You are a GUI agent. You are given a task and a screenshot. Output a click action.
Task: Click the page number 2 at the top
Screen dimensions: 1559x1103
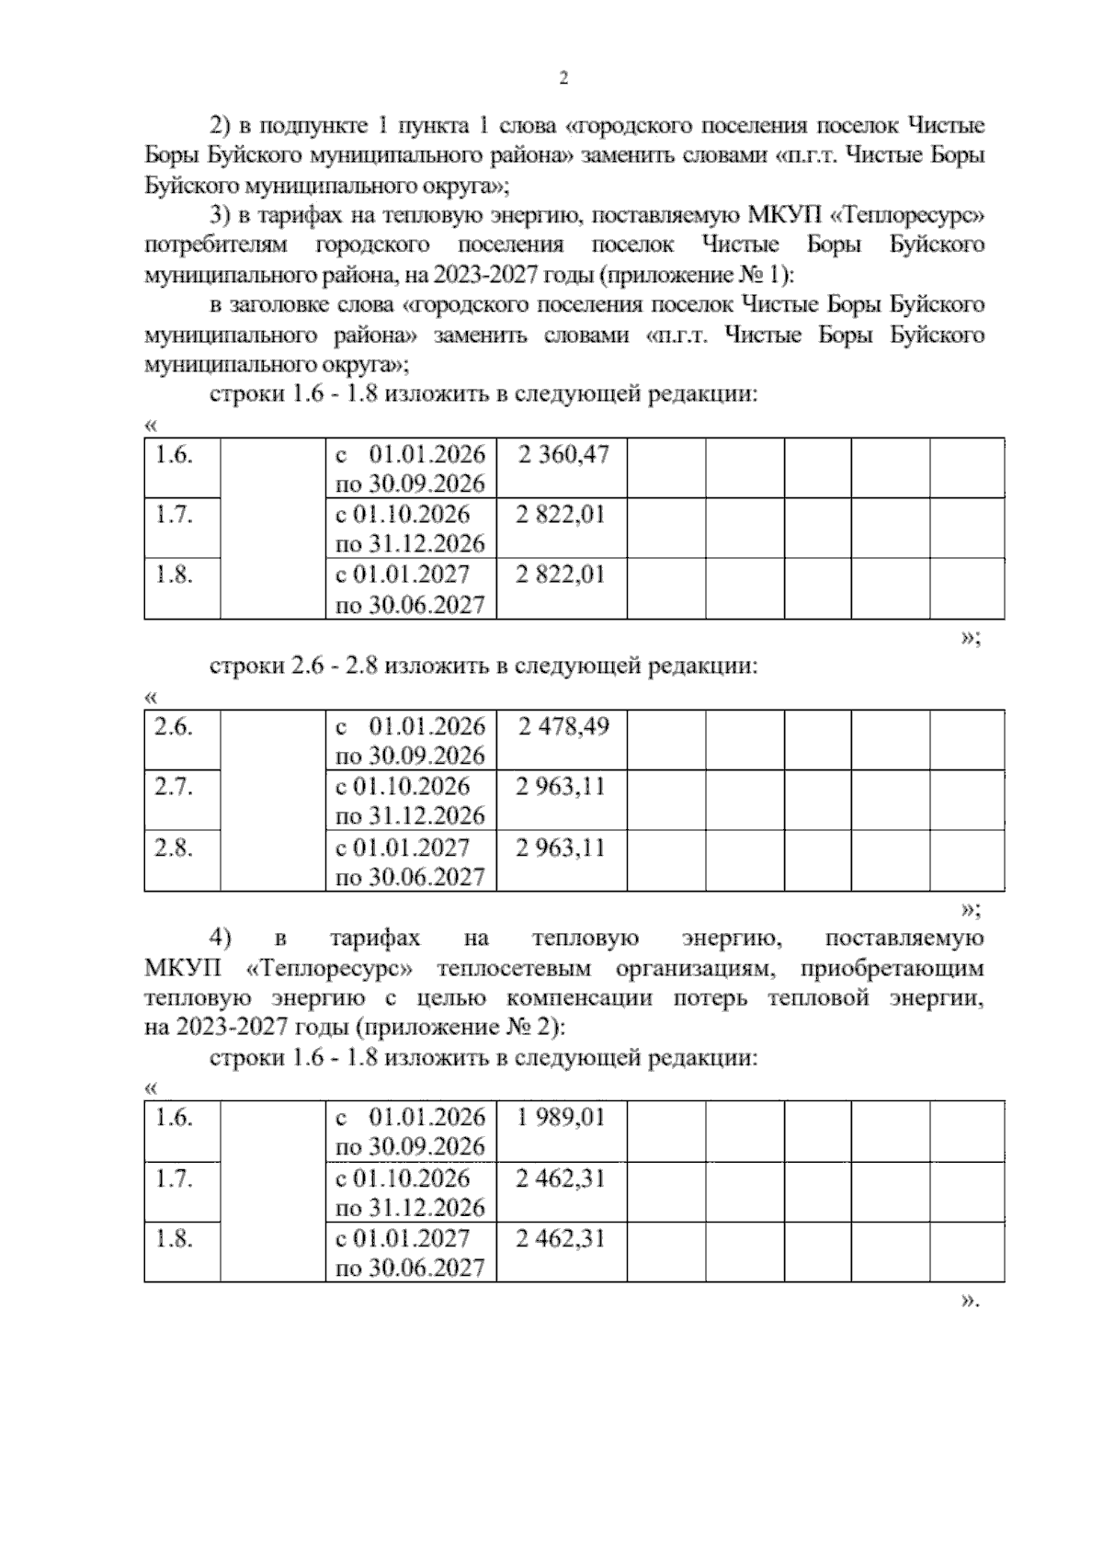(x=563, y=79)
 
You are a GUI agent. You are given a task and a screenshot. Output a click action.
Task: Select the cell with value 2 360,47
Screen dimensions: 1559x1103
(x=563, y=454)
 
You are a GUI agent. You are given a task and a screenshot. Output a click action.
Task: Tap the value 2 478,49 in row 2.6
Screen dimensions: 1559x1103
(x=563, y=726)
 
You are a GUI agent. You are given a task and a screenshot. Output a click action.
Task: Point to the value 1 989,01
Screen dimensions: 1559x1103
(x=561, y=1117)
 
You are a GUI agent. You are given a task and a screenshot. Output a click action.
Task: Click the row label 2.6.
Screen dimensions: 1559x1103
(x=173, y=726)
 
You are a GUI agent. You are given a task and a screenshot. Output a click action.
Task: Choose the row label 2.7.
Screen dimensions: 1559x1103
(x=173, y=787)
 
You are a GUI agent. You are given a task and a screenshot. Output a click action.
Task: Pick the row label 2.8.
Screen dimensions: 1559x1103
(x=173, y=847)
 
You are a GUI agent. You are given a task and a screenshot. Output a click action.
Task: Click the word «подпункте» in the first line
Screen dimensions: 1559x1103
(x=309, y=125)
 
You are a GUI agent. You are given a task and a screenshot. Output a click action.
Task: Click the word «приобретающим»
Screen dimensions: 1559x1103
(x=892, y=969)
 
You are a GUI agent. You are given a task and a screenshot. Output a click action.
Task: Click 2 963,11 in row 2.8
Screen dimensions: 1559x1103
(x=561, y=847)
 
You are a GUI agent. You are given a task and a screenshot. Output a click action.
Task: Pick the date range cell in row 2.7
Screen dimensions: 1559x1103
(x=411, y=801)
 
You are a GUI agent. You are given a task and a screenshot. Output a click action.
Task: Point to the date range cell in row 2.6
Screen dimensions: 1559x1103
(x=411, y=741)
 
